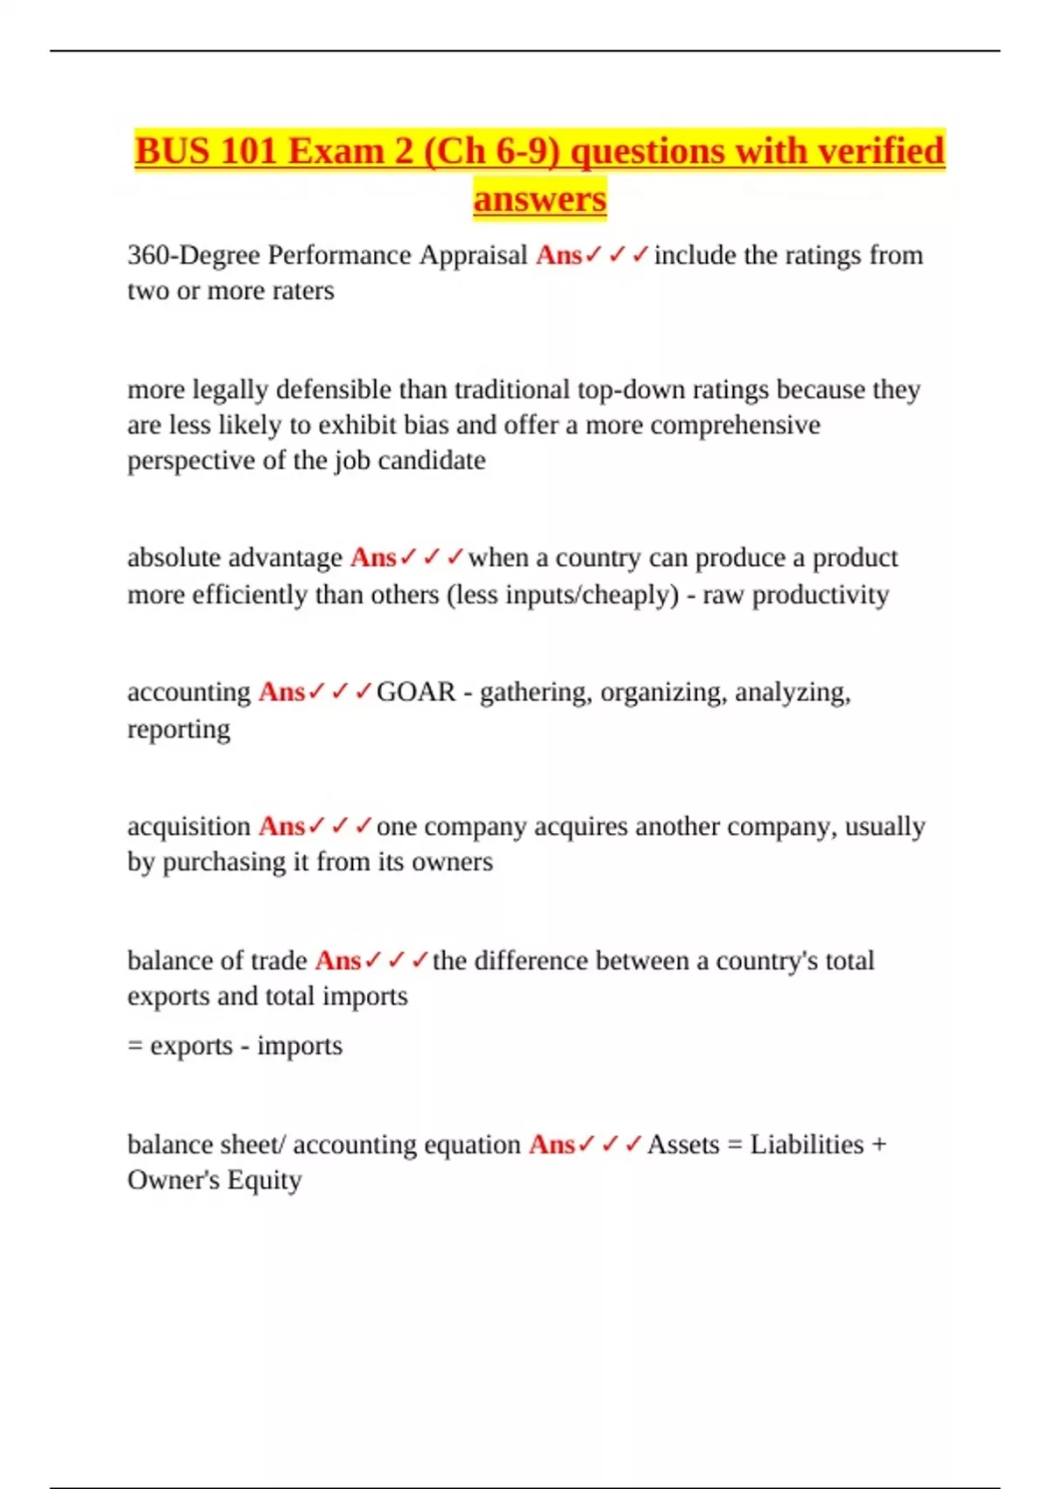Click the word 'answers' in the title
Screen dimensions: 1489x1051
[x=540, y=199]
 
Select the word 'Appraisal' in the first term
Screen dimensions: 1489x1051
[x=473, y=255]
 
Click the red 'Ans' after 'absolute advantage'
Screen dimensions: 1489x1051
[x=373, y=558]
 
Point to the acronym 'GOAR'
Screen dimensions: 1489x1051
[x=416, y=692]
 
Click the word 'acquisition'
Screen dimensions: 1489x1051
[x=189, y=826]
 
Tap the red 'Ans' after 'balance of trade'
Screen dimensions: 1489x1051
[x=338, y=961]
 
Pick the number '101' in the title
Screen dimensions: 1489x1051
[x=249, y=151]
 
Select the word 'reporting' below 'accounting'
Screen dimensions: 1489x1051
[x=179, y=729]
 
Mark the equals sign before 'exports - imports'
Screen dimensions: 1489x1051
[x=135, y=1046]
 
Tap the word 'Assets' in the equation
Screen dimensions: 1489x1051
[x=683, y=1145]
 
